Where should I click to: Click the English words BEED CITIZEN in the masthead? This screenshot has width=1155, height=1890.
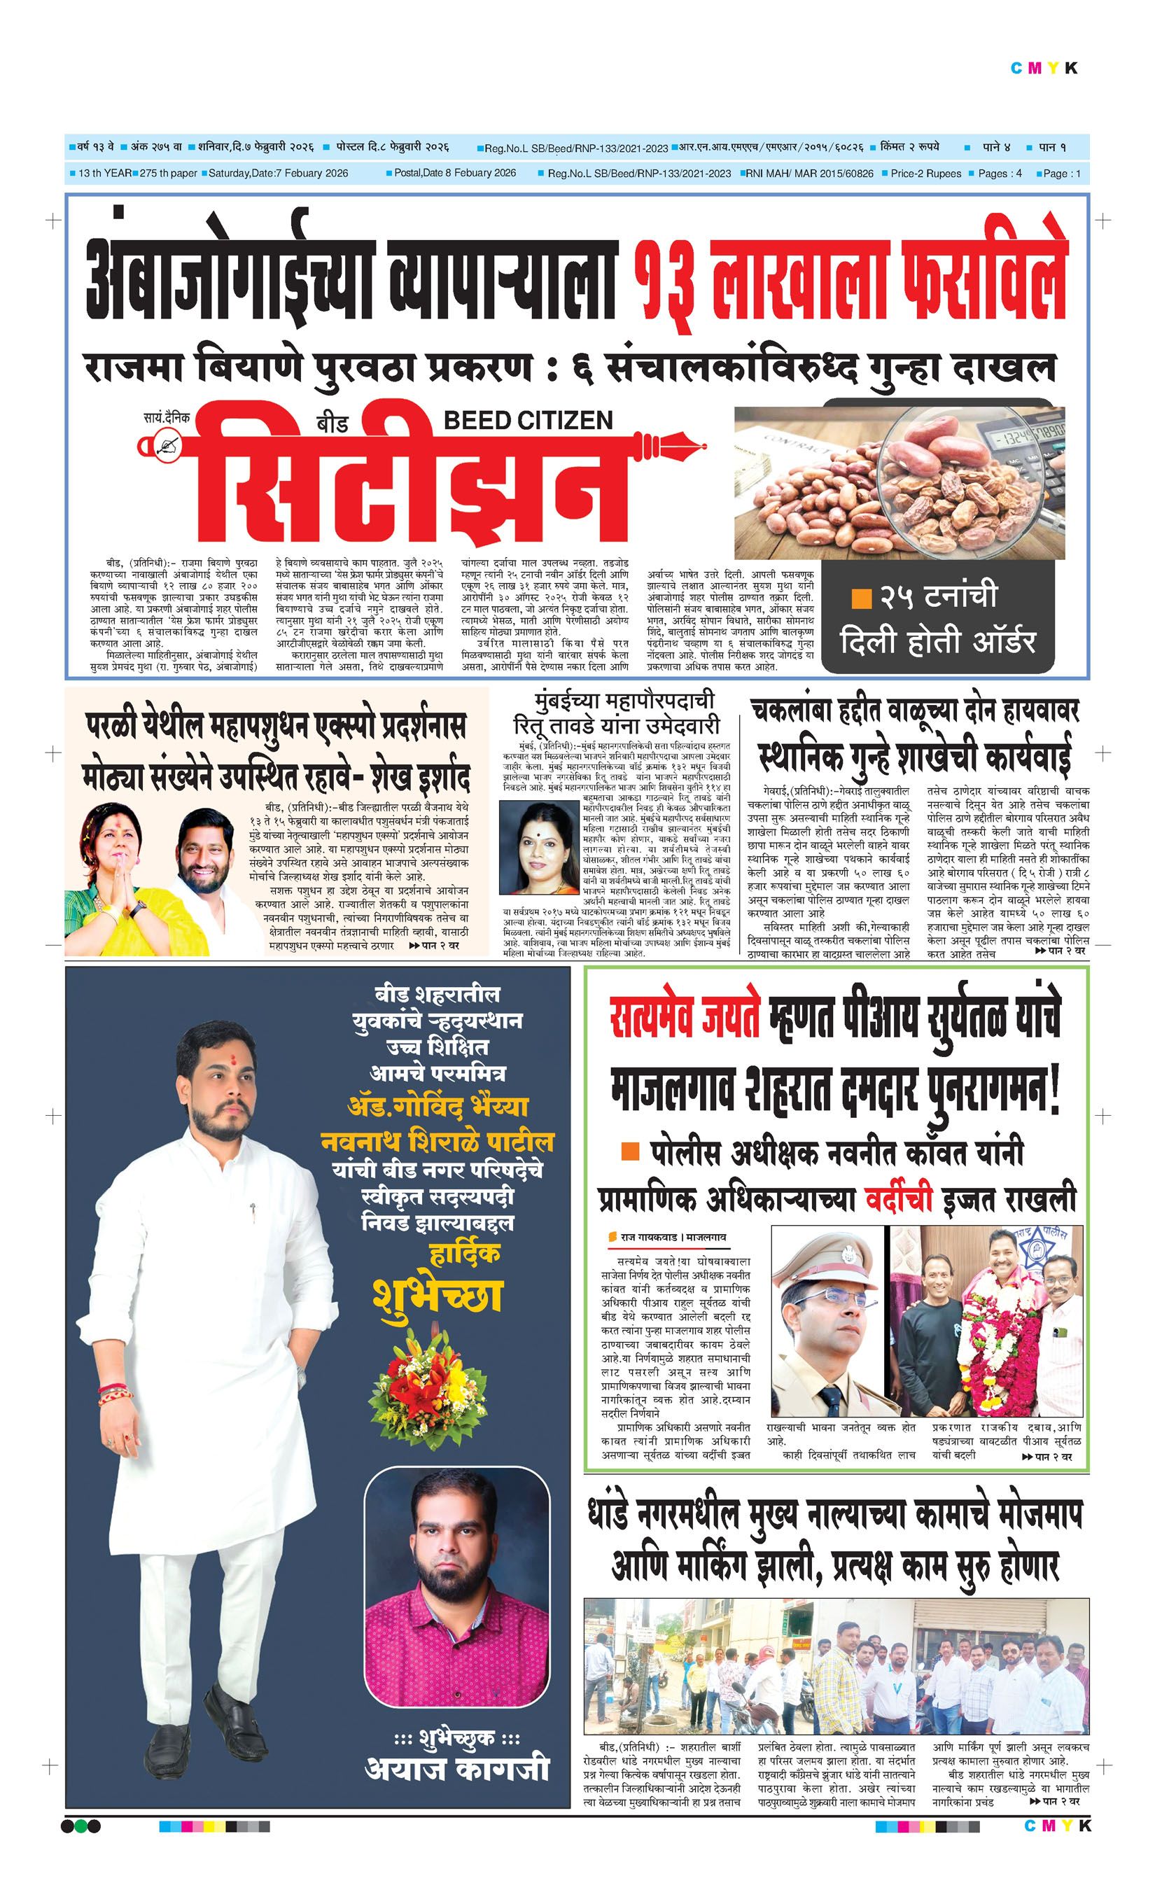point(528,420)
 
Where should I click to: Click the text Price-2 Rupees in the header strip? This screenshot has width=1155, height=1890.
point(925,174)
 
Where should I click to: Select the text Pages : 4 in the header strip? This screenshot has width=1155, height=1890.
point(1000,174)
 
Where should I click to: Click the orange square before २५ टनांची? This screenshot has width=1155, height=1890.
point(861,598)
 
